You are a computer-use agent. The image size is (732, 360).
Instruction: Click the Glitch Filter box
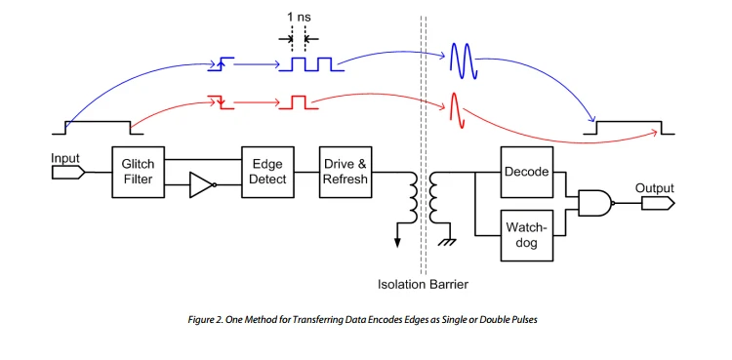click(139, 172)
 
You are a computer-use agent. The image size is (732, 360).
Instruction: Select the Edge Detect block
click(267, 172)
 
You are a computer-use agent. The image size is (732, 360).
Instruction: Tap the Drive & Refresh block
click(346, 172)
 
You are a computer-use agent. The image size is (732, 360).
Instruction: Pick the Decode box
click(527, 172)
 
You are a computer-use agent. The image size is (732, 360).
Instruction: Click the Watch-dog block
click(527, 235)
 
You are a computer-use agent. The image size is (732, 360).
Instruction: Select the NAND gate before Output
click(596, 203)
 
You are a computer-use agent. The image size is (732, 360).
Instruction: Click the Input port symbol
click(68, 173)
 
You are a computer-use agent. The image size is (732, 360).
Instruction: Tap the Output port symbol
click(658, 203)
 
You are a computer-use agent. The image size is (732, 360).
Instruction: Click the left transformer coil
click(413, 197)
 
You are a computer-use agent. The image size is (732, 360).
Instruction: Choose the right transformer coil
click(434, 197)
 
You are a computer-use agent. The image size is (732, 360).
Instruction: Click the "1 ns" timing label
click(299, 18)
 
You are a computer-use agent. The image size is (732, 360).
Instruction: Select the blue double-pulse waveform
click(311, 64)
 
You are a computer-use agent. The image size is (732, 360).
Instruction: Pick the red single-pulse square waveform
click(299, 102)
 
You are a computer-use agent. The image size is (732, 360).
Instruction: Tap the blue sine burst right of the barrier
click(463, 60)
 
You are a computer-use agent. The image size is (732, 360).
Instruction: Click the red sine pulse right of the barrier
click(457, 110)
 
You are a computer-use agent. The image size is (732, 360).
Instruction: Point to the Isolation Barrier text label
click(423, 284)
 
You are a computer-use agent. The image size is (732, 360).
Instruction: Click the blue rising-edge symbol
click(221, 64)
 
